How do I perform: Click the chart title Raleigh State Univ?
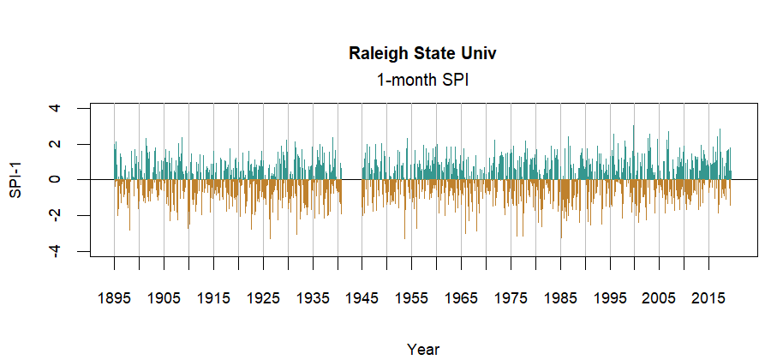click(x=423, y=54)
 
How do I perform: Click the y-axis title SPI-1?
click(x=16, y=180)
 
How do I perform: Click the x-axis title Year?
click(x=423, y=349)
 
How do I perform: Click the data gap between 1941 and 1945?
click(x=352, y=180)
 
